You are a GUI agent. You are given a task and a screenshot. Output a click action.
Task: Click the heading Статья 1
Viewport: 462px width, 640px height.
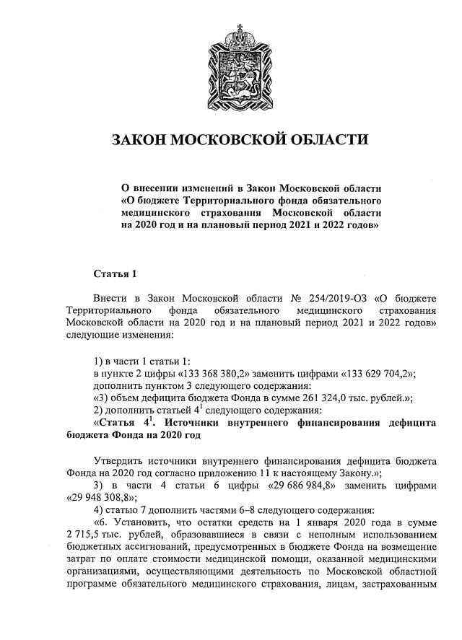click(115, 274)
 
